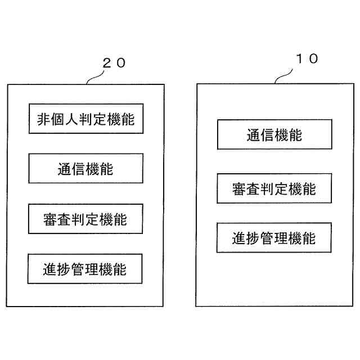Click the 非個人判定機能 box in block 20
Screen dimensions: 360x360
pos(85,119)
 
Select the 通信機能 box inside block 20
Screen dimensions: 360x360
pos(85,168)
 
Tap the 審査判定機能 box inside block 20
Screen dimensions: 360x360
pos(85,219)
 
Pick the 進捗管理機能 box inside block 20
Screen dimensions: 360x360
pos(85,269)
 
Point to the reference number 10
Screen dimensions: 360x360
pos(306,58)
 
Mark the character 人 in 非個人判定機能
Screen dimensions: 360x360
pos(71,119)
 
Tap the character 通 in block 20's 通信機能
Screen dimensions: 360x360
pos(65,168)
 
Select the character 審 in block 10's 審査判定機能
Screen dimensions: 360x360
pos(238,188)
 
